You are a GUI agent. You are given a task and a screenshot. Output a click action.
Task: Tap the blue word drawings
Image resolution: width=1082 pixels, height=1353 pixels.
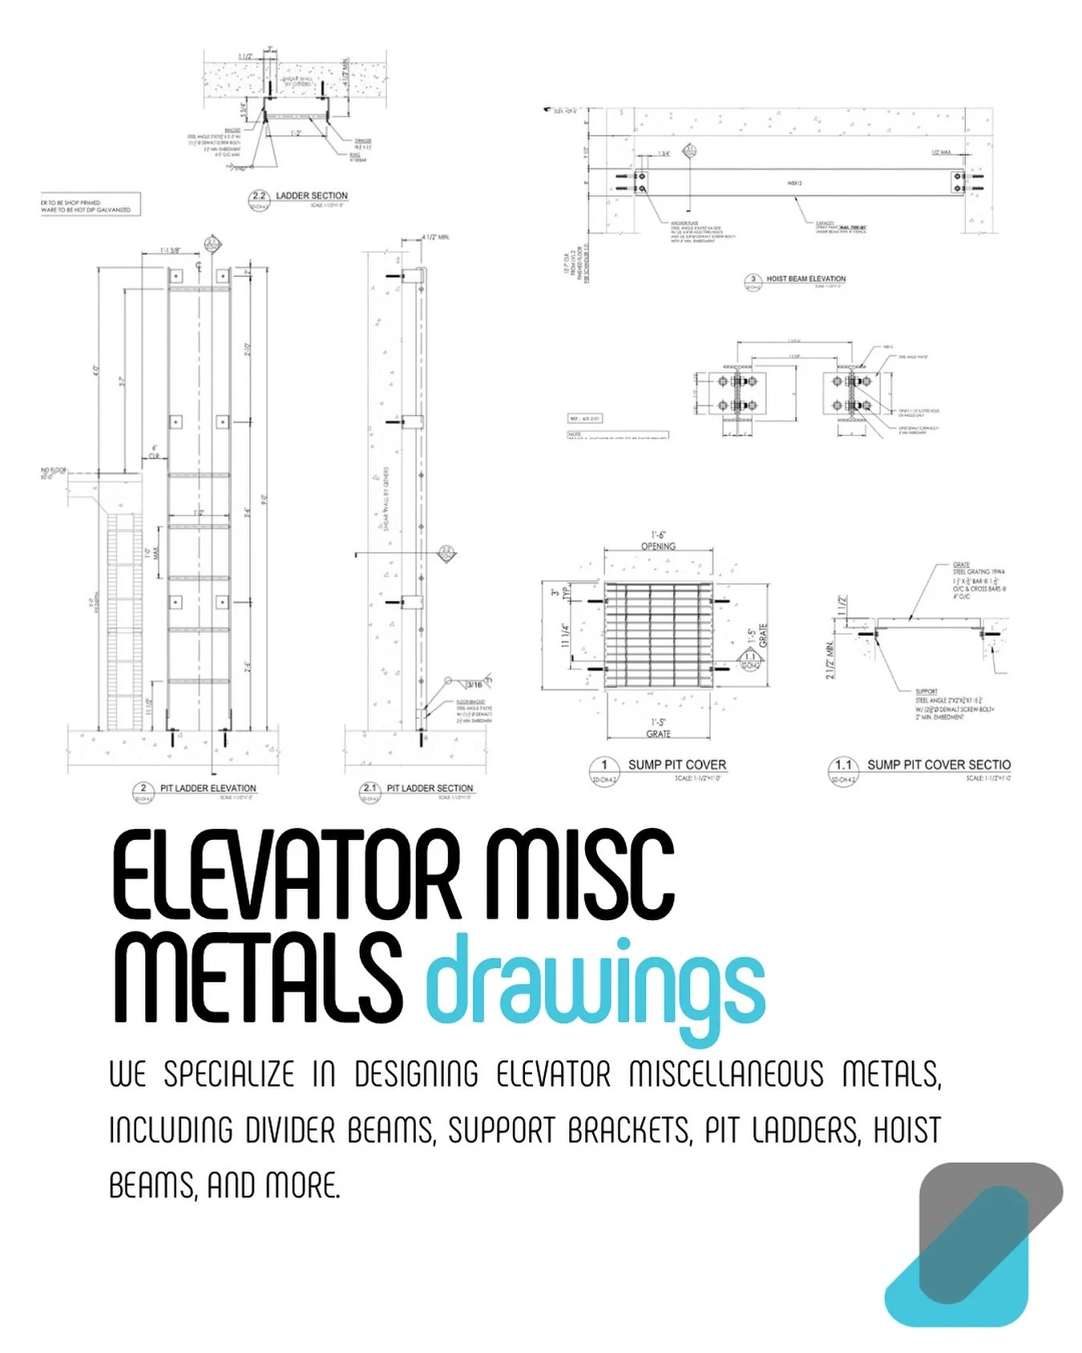(595, 987)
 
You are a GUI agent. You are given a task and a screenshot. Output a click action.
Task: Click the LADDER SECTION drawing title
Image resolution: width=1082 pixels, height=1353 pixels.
(312, 196)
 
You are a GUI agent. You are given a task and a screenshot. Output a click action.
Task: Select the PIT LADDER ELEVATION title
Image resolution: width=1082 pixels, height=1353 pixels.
(208, 788)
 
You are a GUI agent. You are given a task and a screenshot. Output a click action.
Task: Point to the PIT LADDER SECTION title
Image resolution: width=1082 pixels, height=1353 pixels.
(430, 788)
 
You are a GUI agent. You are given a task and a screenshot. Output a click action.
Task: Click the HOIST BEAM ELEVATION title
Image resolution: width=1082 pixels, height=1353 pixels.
(805, 279)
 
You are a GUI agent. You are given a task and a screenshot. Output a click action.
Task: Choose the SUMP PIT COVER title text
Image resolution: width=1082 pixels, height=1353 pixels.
(677, 765)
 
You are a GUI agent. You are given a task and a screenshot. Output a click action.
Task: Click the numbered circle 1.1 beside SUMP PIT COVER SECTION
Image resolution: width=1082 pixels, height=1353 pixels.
(843, 766)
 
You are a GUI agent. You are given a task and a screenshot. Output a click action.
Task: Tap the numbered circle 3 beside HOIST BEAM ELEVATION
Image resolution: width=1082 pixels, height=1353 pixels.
(753, 281)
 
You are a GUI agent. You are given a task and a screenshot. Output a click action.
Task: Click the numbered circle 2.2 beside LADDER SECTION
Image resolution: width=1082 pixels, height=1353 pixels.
(259, 197)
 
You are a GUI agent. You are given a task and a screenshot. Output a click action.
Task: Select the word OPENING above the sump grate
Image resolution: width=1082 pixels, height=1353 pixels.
(658, 547)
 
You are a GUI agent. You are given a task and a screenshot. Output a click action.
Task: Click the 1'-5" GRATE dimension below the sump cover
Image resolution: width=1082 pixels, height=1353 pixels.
(658, 728)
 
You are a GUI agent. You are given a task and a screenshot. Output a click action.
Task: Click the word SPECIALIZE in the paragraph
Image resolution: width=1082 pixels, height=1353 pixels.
(229, 1074)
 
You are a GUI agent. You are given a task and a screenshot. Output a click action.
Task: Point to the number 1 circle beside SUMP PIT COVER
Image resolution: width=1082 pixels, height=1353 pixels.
(604, 766)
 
